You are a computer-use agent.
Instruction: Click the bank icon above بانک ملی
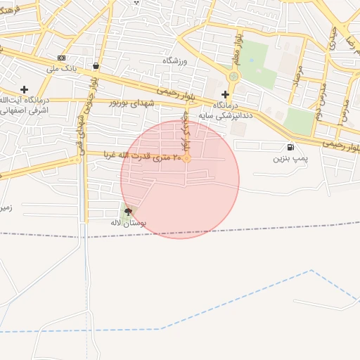(62, 58)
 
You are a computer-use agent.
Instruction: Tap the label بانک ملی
(60, 68)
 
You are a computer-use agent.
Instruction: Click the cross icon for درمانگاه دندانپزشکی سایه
(225, 94)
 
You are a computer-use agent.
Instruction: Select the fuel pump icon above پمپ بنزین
(290, 148)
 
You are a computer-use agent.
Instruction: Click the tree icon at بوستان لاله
(127, 210)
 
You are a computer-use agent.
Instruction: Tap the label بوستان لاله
(127, 222)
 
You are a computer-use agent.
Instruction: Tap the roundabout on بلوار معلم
(233, 75)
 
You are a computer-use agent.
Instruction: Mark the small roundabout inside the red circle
(187, 159)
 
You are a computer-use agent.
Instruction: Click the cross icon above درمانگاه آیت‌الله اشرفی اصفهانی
(25, 89)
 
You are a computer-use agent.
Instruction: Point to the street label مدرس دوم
(323, 102)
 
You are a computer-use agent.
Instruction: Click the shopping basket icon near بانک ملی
(96, 66)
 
